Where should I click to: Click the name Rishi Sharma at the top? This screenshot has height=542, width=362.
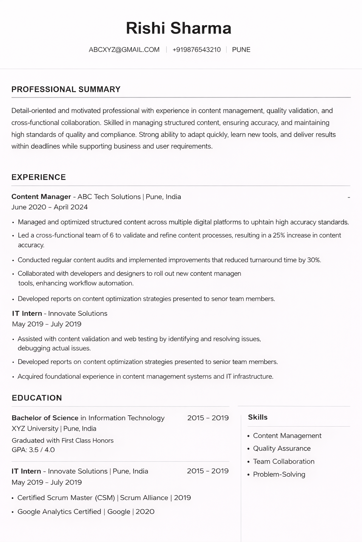[x=179, y=28]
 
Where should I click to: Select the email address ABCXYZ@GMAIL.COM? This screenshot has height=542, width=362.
[x=124, y=50]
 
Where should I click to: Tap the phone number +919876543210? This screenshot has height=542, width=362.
[x=197, y=50]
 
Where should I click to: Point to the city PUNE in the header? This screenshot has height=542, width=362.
[x=241, y=50]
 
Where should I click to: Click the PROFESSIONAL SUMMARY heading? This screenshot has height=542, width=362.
[x=66, y=89]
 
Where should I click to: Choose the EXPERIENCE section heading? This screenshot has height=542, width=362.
[x=39, y=177]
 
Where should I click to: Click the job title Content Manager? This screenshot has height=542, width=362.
[x=41, y=197]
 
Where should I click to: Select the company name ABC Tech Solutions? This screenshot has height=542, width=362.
[x=109, y=197]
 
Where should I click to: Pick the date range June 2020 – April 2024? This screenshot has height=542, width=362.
[x=49, y=207]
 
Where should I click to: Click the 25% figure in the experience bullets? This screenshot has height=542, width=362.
[x=279, y=235]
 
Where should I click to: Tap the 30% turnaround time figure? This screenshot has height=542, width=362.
[x=314, y=260]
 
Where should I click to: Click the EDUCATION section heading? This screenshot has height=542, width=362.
[x=37, y=398]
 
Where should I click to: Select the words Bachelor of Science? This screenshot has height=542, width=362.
[x=45, y=418]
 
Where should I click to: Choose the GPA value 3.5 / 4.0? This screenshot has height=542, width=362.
[x=42, y=450]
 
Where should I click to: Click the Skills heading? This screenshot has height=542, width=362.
[x=258, y=417]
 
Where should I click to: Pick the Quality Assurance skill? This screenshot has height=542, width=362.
[x=282, y=448]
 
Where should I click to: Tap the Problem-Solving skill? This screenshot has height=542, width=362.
[x=279, y=475]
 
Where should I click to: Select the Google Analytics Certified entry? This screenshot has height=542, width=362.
[x=59, y=512]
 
